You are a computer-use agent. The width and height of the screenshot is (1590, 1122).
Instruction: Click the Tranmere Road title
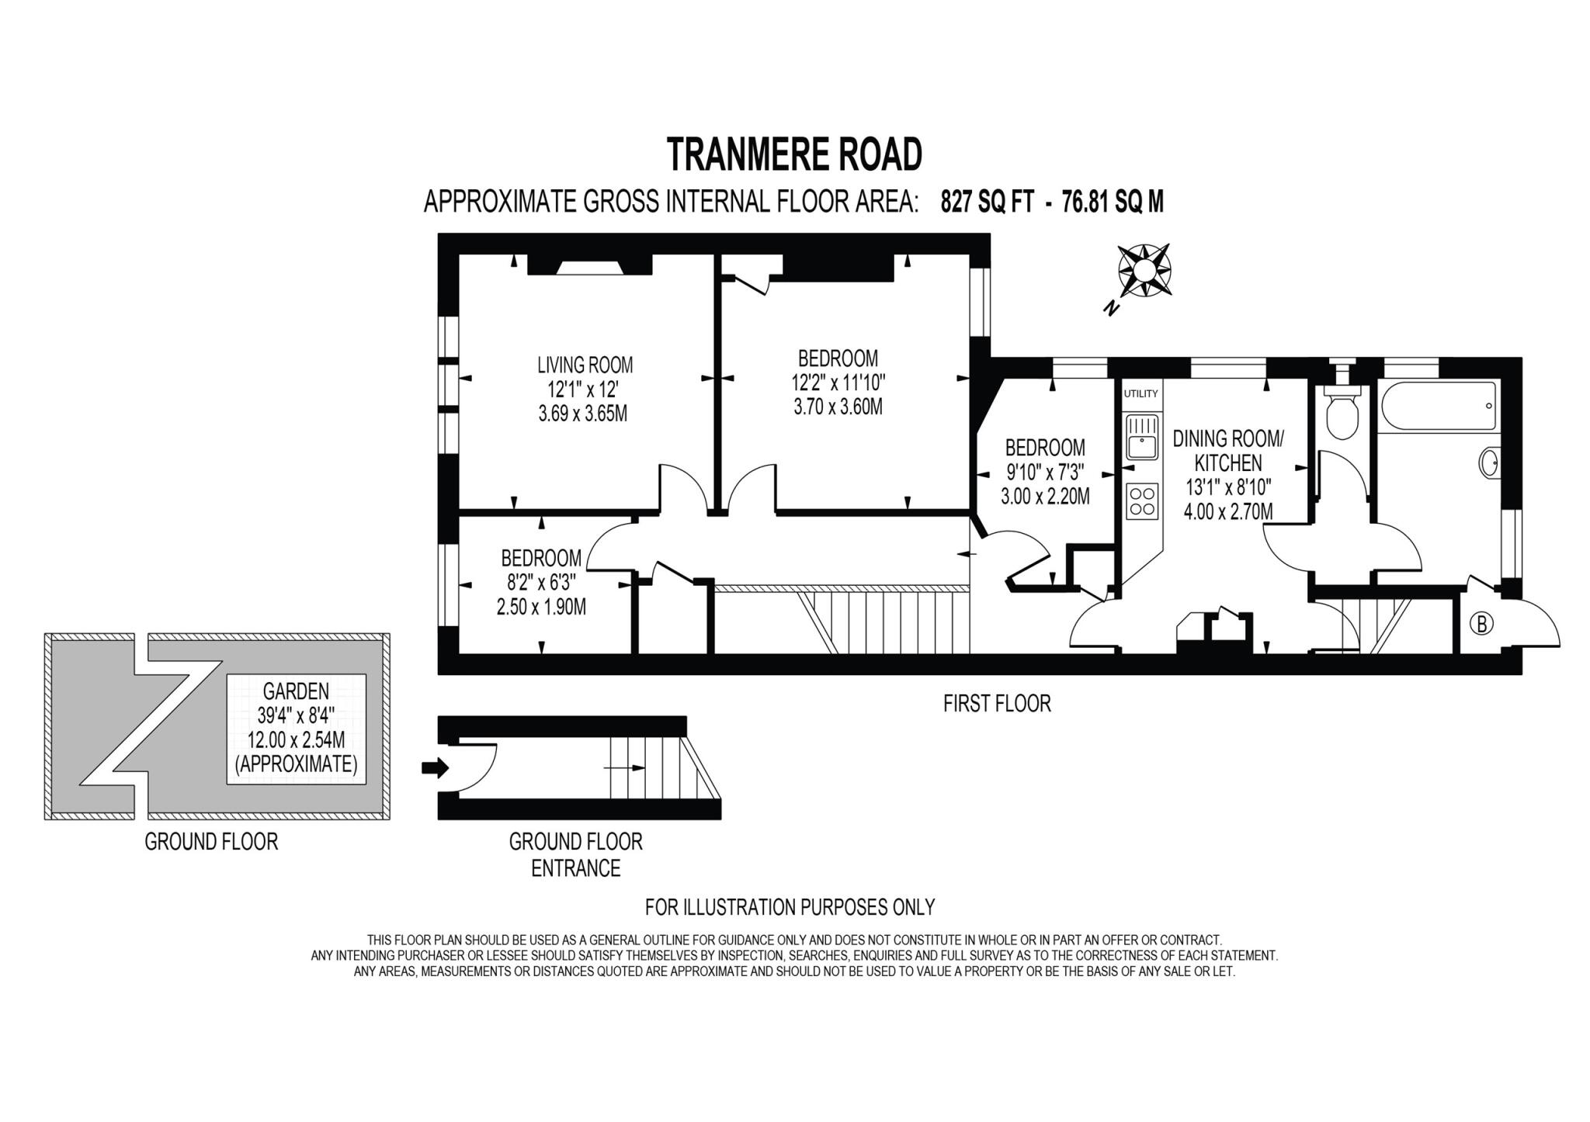[x=794, y=154]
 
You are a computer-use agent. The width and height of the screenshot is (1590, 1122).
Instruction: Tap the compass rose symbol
[x=1144, y=270]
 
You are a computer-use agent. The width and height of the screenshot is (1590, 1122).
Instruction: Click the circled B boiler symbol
[x=1481, y=624]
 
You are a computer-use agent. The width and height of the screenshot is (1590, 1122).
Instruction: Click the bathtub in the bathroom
[x=1439, y=407]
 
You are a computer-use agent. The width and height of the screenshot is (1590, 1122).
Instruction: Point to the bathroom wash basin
[x=1490, y=463]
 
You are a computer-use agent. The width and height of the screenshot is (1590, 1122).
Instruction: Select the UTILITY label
[x=1140, y=393]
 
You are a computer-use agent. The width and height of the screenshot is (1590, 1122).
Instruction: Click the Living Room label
[x=585, y=365]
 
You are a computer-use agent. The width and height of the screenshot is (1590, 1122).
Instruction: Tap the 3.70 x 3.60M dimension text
[x=838, y=407]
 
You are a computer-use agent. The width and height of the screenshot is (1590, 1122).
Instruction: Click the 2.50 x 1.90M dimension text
[x=541, y=607]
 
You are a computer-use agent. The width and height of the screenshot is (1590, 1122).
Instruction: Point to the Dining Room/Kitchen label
[x=1227, y=451]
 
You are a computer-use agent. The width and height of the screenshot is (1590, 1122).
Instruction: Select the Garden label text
[x=296, y=691]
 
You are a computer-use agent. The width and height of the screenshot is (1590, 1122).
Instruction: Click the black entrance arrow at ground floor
[x=435, y=768]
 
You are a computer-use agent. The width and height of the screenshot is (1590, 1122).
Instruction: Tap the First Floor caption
[x=997, y=704]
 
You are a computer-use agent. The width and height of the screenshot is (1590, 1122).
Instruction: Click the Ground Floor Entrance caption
[x=575, y=854]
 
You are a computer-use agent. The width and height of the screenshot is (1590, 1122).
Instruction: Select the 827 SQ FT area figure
[x=987, y=203]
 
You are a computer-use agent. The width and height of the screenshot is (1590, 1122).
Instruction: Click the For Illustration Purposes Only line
[x=790, y=906]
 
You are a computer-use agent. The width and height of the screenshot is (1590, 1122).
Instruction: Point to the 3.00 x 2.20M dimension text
[x=1045, y=496]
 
